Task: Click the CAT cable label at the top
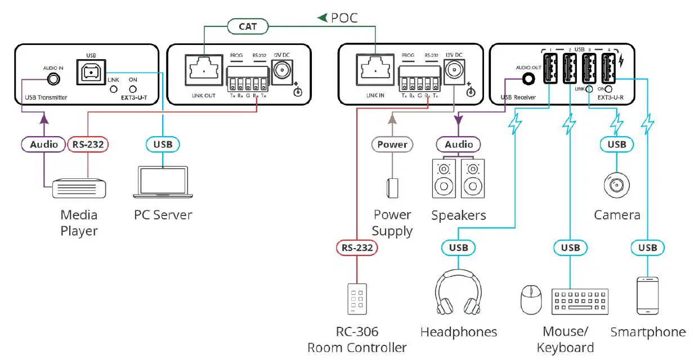click(x=248, y=26)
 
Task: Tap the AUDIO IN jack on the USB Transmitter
click(x=53, y=79)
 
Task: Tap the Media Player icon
click(x=78, y=189)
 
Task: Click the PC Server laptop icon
click(x=163, y=184)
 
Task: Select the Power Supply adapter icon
click(x=392, y=187)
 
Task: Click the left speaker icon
click(x=444, y=178)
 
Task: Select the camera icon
click(x=616, y=184)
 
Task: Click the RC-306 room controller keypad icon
click(x=356, y=298)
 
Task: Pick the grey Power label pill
click(x=392, y=145)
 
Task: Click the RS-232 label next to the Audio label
click(x=88, y=145)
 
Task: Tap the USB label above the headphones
click(x=458, y=247)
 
